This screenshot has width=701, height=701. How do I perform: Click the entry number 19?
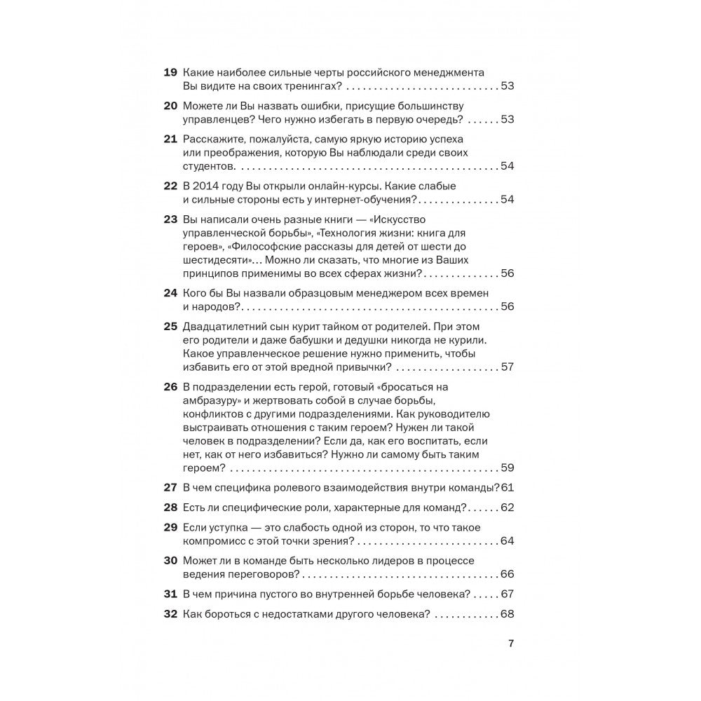pyautogui.click(x=170, y=73)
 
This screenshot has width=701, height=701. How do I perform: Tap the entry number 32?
pyautogui.click(x=170, y=614)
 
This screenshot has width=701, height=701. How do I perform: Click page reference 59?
pyautogui.click(x=508, y=468)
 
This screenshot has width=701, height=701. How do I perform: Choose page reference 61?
pyautogui.click(x=508, y=488)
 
